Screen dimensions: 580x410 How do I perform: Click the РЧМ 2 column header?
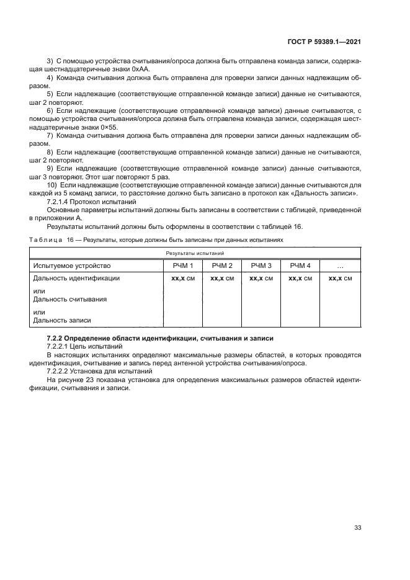pos(221,266)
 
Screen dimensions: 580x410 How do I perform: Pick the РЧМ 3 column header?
pos(261,266)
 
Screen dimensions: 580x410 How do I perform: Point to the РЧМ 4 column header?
pos(300,266)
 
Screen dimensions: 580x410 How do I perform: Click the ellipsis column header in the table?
pos(340,266)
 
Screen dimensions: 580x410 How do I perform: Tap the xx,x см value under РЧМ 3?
pos(261,279)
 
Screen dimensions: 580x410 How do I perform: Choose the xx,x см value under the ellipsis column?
pos(340,279)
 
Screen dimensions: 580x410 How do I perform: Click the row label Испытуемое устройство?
pos(71,266)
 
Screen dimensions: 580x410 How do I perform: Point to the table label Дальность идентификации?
pos(76,279)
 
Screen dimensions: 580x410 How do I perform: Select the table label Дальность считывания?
pos(69,299)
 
